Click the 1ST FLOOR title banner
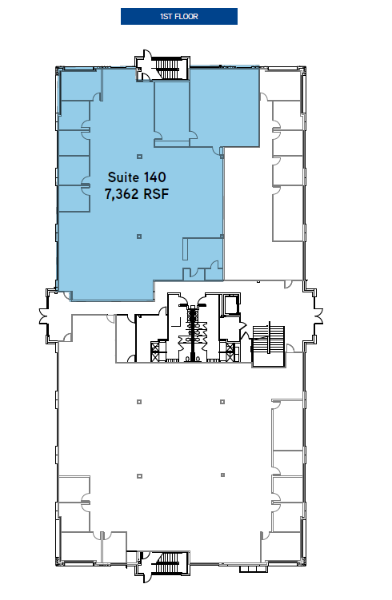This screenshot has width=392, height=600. (178, 16)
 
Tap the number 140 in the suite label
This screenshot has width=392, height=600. (154, 175)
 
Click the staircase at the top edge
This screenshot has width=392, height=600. (170, 66)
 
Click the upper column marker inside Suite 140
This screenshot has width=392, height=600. (139, 156)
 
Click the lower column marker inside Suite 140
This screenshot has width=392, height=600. (139, 236)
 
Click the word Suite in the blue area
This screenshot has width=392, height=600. (121, 175)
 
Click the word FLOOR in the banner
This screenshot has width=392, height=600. (188, 16)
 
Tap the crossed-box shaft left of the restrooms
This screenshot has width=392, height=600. (154, 348)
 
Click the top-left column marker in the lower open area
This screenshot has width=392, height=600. (139, 400)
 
